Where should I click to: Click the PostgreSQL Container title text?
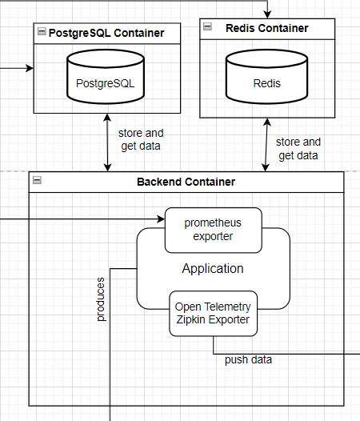[106, 33]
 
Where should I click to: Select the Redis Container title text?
[266, 28]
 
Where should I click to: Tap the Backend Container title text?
[186, 182]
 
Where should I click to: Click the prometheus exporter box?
[212, 229]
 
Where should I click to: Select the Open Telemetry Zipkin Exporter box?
[213, 314]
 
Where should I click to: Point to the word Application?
[212, 269]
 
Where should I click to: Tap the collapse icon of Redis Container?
[207, 26]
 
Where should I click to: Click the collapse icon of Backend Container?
[36, 181]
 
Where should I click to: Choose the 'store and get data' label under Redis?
[298, 148]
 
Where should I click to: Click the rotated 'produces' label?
[101, 300]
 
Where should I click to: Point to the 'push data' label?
[248, 359]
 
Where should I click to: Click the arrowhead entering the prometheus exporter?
[160, 218]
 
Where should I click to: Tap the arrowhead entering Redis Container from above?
[267, 14]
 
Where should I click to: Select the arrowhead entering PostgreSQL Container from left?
[29, 68]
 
